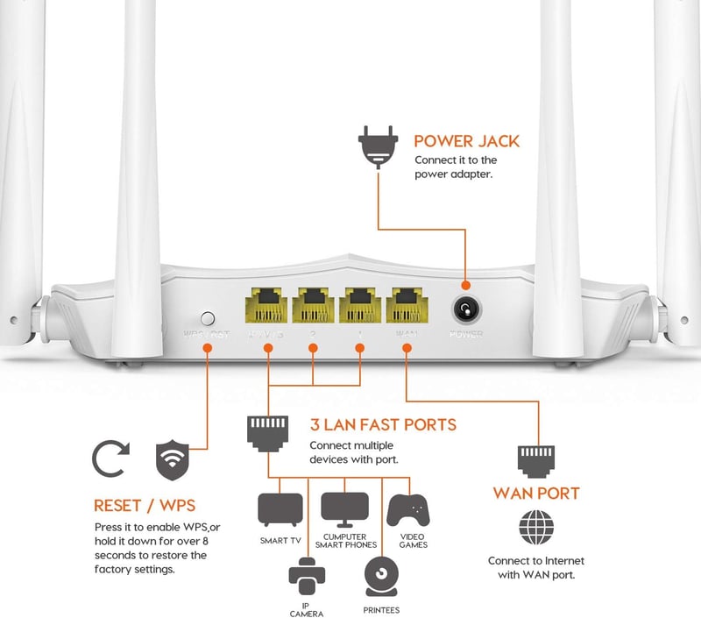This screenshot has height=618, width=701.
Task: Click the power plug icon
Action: tap(378, 149)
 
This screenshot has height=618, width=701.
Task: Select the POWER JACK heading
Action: tap(466, 141)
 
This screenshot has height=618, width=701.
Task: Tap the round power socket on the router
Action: tap(464, 309)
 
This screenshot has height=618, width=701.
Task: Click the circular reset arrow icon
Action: tap(111, 458)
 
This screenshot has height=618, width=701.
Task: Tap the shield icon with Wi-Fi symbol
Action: tap(172, 458)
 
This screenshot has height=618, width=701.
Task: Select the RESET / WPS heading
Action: tap(145, 506)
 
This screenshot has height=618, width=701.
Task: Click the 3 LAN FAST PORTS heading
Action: tap(383, 425)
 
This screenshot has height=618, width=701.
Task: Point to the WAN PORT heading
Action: tap(536, 494)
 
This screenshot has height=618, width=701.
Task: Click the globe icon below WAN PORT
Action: tap(536, 528)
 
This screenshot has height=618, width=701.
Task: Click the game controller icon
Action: tap(408, 511)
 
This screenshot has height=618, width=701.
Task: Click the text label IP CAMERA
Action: tap(307, 608)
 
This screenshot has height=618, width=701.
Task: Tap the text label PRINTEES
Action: tap(381, 608)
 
